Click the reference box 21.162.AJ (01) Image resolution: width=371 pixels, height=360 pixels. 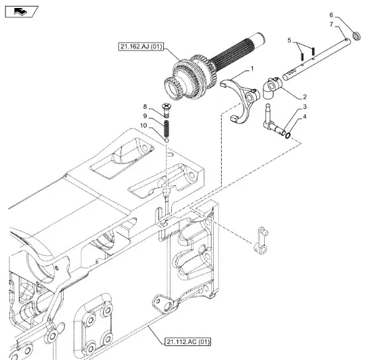point(141,46)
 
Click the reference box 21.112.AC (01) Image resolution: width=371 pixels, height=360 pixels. point(188,342)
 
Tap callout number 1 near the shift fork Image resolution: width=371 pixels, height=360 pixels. point(252,68)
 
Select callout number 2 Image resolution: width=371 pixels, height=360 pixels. point(305,96)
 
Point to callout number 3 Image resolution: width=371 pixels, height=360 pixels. point(305,107)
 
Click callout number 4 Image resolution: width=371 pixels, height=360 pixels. point(305,116)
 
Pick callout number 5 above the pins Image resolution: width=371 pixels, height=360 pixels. point(289,41)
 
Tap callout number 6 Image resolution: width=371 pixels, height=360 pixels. point(331,15)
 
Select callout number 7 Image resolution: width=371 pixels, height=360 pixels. point(331,25)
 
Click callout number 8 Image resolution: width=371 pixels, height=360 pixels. point(145,107)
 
